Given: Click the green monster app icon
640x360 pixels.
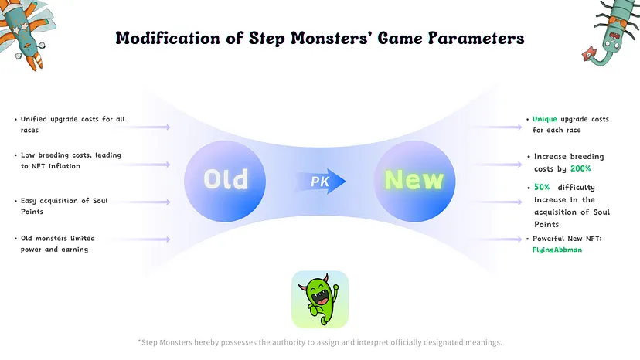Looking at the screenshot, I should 320,299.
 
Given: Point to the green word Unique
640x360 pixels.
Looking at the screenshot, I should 545,119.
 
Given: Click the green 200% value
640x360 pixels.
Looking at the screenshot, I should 580,168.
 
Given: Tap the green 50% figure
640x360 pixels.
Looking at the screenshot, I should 542,187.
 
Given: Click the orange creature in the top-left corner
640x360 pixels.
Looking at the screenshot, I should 23,27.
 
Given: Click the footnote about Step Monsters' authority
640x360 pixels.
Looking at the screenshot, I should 320,341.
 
